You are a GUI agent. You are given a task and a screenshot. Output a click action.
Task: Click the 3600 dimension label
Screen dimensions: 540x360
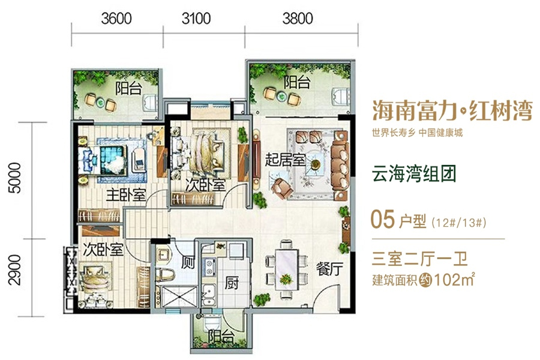pos(116,18)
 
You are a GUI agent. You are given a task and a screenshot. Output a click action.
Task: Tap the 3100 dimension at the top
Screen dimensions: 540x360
pos(196,18)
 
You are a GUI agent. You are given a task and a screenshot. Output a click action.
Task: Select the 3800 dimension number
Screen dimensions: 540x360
pos(298,18)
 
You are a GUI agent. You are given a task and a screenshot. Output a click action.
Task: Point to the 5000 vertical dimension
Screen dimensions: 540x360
pos(15,178)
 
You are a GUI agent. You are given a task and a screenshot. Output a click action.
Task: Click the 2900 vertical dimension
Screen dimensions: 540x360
pos(15,270)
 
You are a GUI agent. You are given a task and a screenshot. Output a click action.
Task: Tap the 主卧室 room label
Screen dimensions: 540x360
pos(126,196)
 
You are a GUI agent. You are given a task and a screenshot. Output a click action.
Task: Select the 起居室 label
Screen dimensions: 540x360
pos(285,160)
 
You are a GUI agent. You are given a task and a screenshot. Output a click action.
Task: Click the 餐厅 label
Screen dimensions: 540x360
pos(330,269)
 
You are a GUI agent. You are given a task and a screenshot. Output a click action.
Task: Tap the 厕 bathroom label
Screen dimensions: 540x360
pos(188,263)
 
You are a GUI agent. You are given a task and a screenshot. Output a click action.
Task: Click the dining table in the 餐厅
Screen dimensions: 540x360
pos(286,268)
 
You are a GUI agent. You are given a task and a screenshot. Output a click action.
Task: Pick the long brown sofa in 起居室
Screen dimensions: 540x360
pos(340,166)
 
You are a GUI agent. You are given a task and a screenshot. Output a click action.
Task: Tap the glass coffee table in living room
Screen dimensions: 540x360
pos(315,164)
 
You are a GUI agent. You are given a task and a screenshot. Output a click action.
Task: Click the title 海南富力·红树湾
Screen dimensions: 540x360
pos(452,111)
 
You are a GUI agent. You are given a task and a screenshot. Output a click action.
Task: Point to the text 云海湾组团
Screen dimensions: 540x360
pos(414,173)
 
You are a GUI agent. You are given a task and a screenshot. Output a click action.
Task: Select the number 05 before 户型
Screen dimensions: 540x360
pos(382,219)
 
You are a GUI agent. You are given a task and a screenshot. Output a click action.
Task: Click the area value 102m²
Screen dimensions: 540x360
pos(454,280)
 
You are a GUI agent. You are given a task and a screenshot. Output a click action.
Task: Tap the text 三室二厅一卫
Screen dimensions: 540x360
pos(419,259)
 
